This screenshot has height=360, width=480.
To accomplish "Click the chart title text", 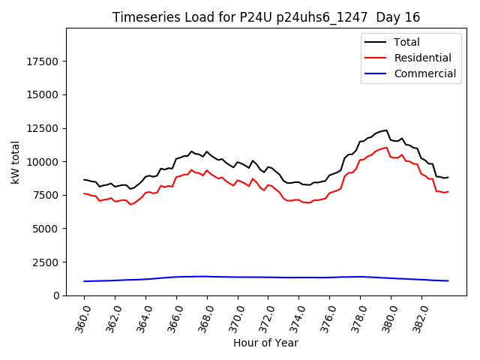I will (265, 17).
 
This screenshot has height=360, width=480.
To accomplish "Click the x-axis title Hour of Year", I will (265, 343).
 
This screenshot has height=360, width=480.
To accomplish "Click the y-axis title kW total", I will (15, 161).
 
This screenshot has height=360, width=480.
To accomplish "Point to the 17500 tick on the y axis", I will (46, 61).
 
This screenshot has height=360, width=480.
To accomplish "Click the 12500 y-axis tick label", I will (46, 128).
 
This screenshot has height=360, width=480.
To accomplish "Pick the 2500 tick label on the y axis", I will (49, 262).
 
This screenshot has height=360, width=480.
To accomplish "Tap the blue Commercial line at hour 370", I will (238, 277).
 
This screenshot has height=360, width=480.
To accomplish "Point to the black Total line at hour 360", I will (85, 179).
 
